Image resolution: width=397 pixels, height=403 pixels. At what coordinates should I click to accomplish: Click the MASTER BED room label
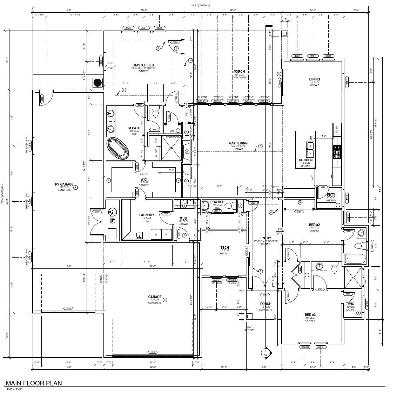tap(143, 65)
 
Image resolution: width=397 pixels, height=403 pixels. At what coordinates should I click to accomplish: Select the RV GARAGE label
tap(64, 184)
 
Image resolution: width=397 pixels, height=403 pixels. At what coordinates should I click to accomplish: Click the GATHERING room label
tap(238, 143)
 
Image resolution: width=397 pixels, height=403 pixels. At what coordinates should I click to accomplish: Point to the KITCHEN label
tap(305, 160)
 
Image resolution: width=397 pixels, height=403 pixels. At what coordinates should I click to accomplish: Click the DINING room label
tap(314, 79)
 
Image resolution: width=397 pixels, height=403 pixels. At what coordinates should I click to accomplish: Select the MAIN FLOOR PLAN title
tap(34, 383)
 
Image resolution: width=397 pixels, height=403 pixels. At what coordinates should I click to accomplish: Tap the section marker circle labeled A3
tap(266, 353)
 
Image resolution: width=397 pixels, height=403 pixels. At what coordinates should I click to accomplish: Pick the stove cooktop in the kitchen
tap(337, 151)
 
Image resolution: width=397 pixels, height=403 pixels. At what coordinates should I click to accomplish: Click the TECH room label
tap(224, 248)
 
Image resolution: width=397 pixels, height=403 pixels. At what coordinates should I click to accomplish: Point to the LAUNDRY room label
tap(147, 215)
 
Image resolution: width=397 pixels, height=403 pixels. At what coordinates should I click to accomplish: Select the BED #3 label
tap(310, 315)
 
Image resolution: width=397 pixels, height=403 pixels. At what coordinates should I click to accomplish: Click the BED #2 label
tap(314, 225)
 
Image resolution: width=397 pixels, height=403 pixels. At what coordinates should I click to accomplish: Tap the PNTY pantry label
tap(331, 195)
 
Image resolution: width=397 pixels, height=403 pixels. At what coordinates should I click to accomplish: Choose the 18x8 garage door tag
tap(153, 352)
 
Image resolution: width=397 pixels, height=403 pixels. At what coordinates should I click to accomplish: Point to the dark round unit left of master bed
tap(97, 83)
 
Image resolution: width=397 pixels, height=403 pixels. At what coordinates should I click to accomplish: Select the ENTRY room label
tap(265, 238)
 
